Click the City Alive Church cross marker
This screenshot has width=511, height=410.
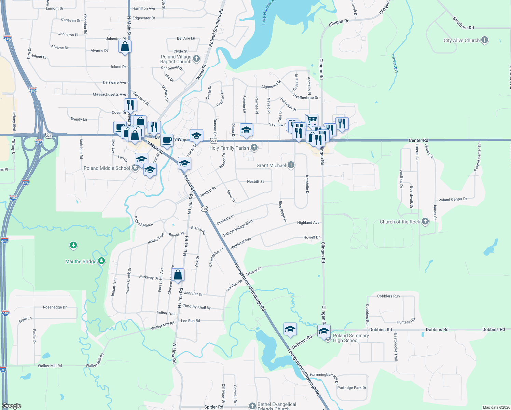point(484,40)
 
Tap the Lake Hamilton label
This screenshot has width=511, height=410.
point(268,13)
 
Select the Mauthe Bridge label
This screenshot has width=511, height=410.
point(81,261)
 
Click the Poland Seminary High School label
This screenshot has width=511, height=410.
point(351,338)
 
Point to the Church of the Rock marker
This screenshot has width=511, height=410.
point(425,221)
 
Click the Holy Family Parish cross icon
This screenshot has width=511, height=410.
point(254,148)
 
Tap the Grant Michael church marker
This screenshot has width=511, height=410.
point(291,165)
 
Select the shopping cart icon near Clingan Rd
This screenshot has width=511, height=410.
point(312,120)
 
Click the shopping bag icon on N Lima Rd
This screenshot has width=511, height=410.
point(178,275)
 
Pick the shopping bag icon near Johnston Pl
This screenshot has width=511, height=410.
point(125,46)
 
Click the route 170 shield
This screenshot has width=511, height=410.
point(204,209)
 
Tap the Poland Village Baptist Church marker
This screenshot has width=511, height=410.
point(196,58)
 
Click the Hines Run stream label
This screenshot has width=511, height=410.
point(395,63)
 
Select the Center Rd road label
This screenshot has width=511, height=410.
point(418,140)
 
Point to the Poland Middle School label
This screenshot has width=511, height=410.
point(107,168)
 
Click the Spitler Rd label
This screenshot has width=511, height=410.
point(213,407)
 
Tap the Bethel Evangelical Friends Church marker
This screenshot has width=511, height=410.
point(252,406)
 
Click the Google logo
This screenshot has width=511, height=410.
point(12,406)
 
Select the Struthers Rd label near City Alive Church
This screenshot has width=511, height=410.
point(463,23)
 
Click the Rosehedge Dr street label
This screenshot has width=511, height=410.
point(55,307)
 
